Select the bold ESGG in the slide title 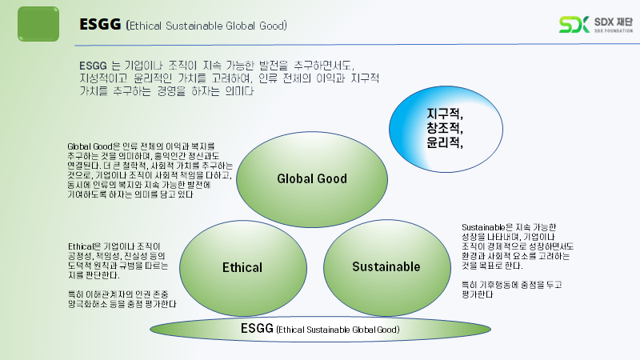[100, 25]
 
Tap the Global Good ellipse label [312, 178]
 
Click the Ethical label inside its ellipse [242, 266]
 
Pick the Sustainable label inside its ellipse [386, 266]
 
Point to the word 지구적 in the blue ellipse [445, 115]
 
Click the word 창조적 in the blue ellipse [445, 129]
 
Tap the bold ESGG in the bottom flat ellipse [257, 328]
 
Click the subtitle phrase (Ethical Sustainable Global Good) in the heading [206, 26]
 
